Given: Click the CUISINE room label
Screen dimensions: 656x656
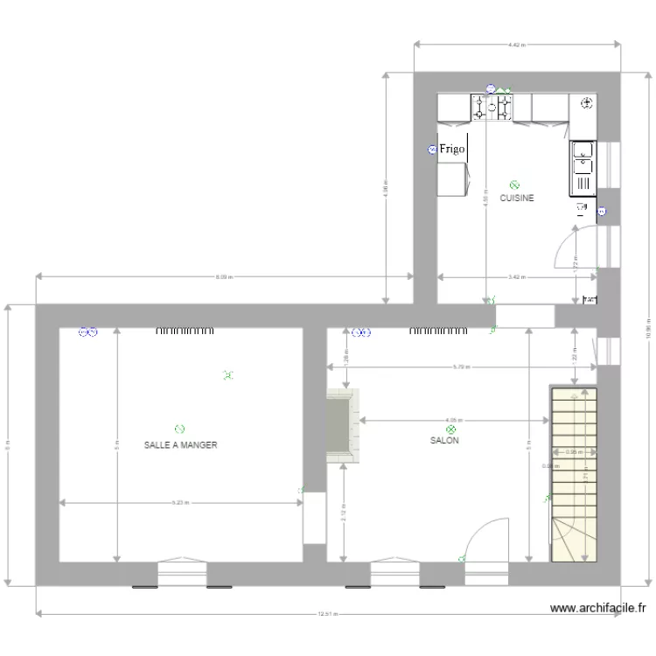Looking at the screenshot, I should pyautogui.click(x=516, y=199).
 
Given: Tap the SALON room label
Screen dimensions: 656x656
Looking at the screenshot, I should pyautogui.click(x=444, y=441).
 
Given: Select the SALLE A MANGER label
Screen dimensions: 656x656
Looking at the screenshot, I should pyautogui.click(x=180, y=445).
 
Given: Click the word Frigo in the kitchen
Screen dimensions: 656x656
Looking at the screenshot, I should pyautogui.click(x=452, y=150).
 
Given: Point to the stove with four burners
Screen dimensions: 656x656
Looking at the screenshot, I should pyautogui.click(x=492, y=108).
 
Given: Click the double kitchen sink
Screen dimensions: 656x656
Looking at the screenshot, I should pyautogui.click(x=583, y=161).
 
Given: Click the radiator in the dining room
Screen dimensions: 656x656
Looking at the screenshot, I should pyautogui.click(x=185, y=331).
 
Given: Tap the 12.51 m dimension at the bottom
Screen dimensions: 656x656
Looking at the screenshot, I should pyautogui.click(x=327, y=614).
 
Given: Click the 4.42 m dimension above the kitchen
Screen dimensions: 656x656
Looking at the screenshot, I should pyautogui.click(x=516, y=43).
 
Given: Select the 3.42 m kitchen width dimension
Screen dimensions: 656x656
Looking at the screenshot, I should pyautogui.click(x=517, y=277).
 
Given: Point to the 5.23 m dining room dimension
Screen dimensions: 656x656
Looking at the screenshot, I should pyautogui.click(x=179, y=503).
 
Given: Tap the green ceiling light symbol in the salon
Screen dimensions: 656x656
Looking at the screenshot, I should pyautogui.click(x=451, y=429).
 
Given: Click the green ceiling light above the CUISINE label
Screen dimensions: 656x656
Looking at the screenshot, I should pyautogui.click(x=514, y=185).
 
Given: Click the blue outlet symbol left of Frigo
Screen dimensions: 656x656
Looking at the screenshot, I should pyautogui.click(x=432, y=150).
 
